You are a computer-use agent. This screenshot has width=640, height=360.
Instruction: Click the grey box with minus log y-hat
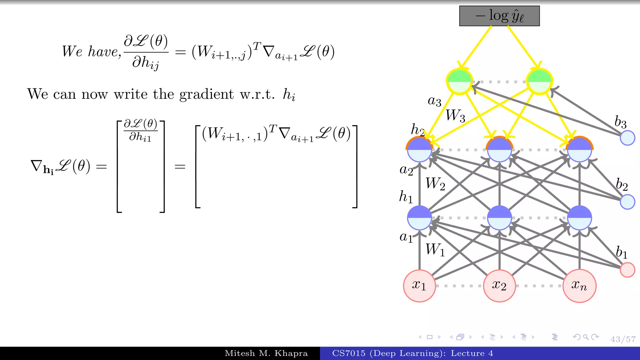pyautogui.click(x=499, y=16)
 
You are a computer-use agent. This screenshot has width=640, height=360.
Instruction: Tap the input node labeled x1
pyautogui.click(x=419, y=286)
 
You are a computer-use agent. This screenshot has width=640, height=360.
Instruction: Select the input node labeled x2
pyautogui.click(x=499, y=286)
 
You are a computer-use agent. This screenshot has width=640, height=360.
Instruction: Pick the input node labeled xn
pyautogui.click(x=579, y=286)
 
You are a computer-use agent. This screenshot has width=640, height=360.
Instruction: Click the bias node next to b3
pyautogui.click(x=627, y=138)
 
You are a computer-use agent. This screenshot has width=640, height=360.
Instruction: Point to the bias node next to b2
pyautogui.click(x=627, y=202)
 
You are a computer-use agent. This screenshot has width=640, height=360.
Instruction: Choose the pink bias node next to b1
pyautogui.click(x=627, y=270)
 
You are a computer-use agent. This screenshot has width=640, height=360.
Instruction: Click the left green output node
pyautogui.click(x=459, y=82)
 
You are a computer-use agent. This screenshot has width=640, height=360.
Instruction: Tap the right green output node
pyautogui.click(x=539, y=82)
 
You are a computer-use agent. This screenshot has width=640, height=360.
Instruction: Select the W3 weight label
pyautogui.click(x=455, y=116)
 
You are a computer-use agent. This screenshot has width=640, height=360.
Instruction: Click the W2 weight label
pyautogui.click(x=435, y=184)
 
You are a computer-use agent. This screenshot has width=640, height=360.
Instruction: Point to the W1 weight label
pyautogui.click(x=435, y=250)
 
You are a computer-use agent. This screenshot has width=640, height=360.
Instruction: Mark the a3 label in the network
pyautogui.click(x=434, y=101)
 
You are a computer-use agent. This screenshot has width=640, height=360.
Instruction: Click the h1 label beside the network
pyautogui.click(x=406, y=197)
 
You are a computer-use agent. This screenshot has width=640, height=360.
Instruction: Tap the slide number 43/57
pyautogui.click(x=623, y=339)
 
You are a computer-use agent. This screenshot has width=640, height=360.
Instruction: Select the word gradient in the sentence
pyautogui.click(x=206, y=94)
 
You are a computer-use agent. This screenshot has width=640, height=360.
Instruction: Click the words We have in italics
pyautogui.click(x=90, y=52)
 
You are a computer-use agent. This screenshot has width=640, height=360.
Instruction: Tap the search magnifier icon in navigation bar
pyautogui.click(x=586, y=337)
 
